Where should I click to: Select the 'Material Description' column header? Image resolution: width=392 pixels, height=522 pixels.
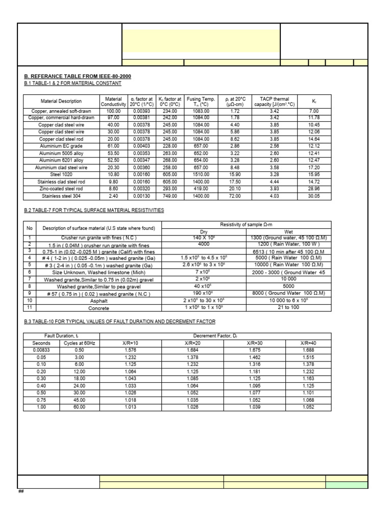click(61, 101)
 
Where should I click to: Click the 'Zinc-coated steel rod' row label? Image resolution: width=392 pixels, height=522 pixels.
click(62, 188)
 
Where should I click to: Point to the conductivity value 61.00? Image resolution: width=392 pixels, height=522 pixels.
click(113, 146)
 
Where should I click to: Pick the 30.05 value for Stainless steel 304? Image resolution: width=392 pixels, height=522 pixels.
click(314, 195)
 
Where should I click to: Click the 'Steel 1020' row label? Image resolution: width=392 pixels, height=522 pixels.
click(62, 174)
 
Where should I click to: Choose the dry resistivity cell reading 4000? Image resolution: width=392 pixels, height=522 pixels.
click(203, 244)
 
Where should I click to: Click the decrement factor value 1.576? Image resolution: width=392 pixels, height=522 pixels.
click(131, 350)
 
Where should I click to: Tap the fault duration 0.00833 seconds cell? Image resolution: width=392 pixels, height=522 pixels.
click(41, 350)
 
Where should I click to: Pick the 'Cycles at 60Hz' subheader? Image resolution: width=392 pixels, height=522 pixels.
click(79, 343)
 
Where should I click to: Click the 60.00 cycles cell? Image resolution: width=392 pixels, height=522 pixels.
click(79, 407)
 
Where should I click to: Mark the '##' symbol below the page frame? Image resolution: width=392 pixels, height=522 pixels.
click(21, 491)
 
